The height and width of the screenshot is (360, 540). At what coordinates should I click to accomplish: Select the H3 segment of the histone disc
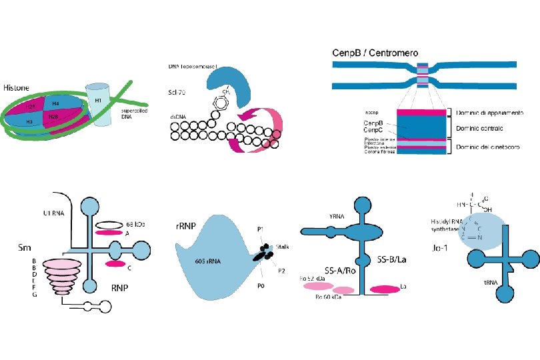point(30,122)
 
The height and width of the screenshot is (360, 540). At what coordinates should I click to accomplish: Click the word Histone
point(15,87)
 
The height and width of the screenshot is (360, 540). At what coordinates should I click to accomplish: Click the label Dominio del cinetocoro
point(488,146)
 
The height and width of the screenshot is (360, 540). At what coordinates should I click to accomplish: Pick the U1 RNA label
point(43,213)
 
